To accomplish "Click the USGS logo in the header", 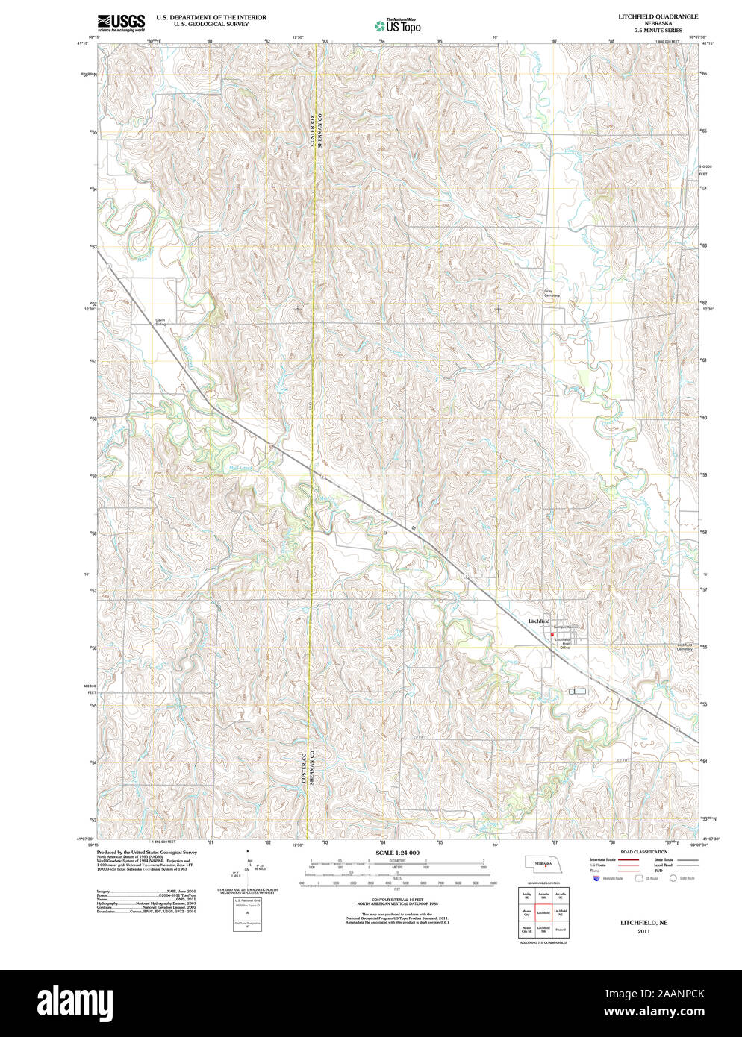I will click(121, 22).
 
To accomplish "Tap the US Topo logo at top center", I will click(397, 25).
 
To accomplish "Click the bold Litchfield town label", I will click(538, 621).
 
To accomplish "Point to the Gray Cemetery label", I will click(551, 293).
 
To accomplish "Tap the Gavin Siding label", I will click(160, 322).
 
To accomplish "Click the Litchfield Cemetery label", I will click(684, 647).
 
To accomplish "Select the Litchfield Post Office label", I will click(564, 643).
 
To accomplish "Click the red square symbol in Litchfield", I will click(552, 636).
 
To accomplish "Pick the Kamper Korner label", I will click(565, 627).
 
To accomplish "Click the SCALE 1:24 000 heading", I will click(397, 853).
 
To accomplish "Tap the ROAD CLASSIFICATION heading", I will click(643, 851).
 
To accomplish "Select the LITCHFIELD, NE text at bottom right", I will click(643, 922).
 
